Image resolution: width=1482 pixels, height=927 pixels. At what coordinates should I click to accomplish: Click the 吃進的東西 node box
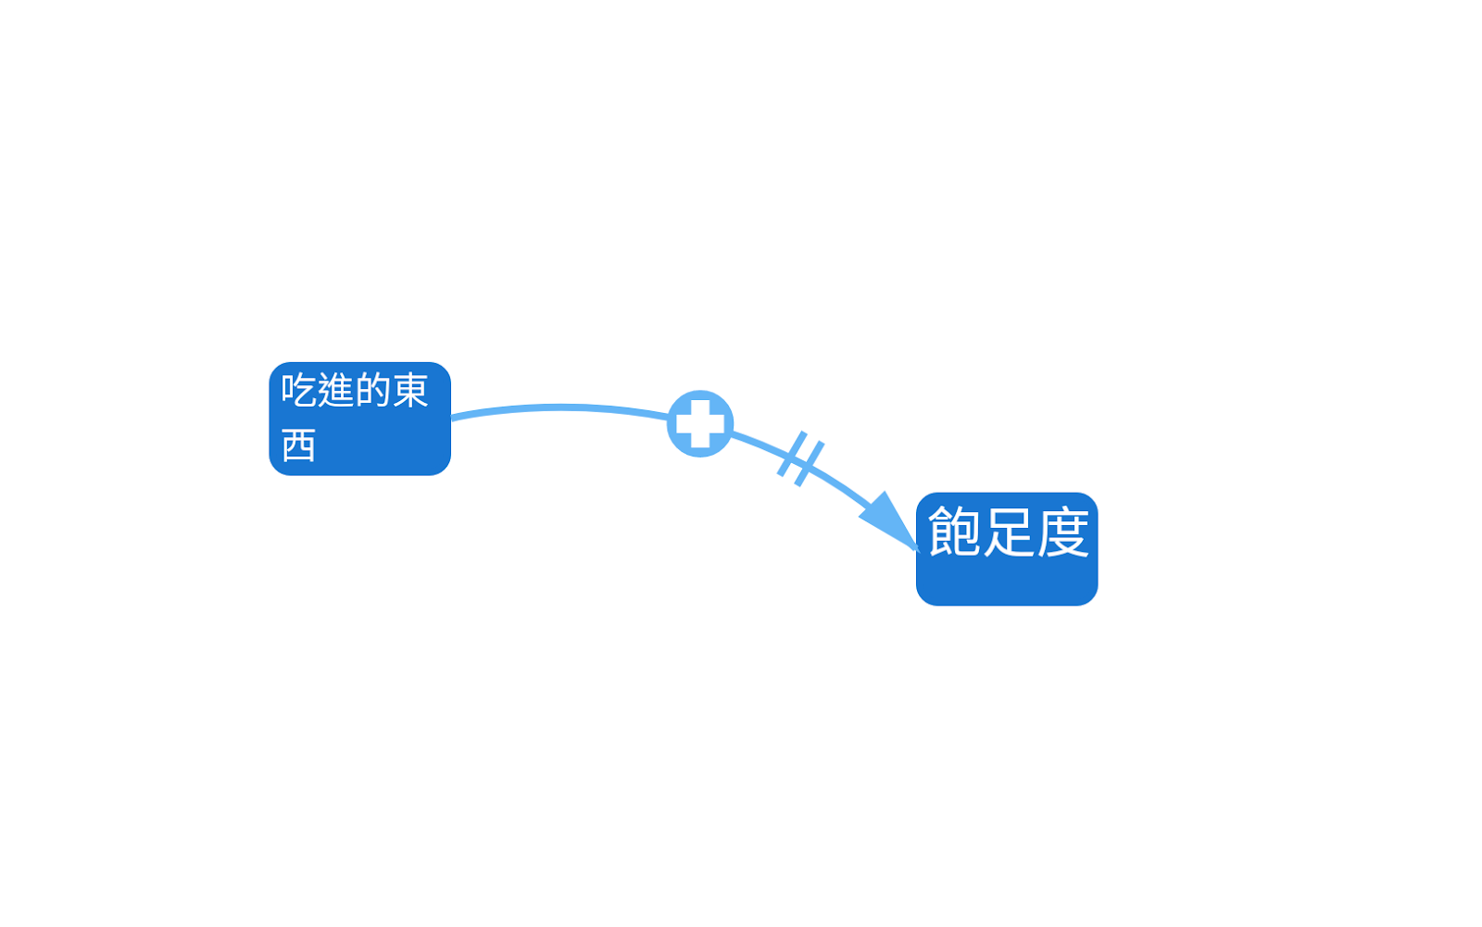pos(359,419)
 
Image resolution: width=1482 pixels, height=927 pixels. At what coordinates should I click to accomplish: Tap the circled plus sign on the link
pos(700,423)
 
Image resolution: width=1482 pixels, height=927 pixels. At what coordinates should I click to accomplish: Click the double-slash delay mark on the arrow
pos(801,458)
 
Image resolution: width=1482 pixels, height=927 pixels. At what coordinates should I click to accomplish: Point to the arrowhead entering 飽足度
pos(889,522)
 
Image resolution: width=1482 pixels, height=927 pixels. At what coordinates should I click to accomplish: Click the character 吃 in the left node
pos(298,390)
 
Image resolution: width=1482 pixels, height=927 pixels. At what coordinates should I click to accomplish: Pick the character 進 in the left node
pos(335,390)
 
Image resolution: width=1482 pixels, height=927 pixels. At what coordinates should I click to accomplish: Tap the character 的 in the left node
pos(372,390)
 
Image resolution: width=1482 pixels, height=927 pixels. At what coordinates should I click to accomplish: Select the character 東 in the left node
pos(410,390)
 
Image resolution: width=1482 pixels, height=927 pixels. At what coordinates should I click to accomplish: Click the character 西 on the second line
pos(298,445)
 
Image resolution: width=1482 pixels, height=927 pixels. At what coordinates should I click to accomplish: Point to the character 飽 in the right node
pos(954,532)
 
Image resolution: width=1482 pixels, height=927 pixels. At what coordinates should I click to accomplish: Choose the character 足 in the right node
pos(1008,532)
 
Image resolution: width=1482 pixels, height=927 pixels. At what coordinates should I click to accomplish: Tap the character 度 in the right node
pos(1062,532)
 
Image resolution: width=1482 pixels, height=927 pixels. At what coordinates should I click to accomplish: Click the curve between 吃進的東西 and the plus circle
pos(560,407)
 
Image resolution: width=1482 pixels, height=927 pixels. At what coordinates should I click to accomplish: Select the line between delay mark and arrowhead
pos(838,482)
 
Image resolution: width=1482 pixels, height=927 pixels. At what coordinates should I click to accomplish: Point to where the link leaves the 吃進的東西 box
pos(453,418)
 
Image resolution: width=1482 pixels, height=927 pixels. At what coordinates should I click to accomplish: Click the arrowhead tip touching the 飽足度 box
pos(915,548)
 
